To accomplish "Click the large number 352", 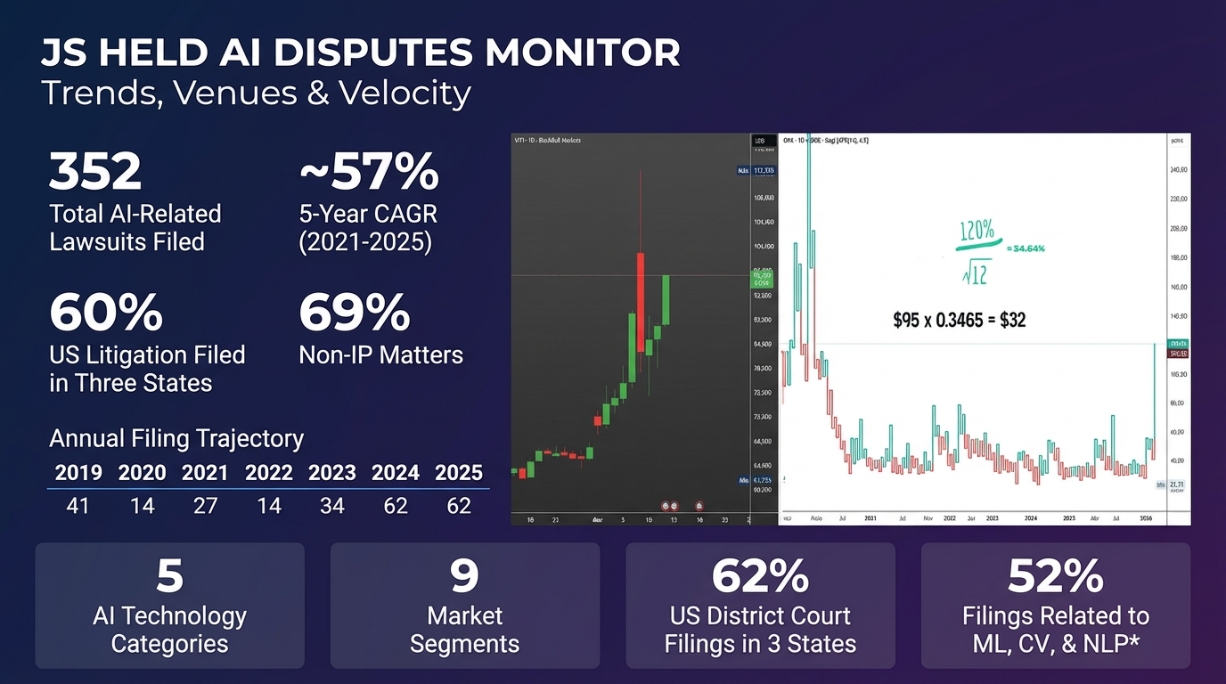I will pos(95,171).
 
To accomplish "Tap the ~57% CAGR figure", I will pos(369,171).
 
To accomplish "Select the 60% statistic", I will pos(106,312).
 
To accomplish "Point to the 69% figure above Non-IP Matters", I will pos(354,312).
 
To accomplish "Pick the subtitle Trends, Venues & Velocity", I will pos(256,93).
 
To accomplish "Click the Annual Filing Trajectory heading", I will pos(176,439).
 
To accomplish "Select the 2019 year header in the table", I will pos(78,472).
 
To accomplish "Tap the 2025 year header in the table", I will pos(458,472).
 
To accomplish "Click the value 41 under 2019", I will pos(78,506).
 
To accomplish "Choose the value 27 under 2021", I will pos(205,506).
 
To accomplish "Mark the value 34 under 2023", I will pos(331,506).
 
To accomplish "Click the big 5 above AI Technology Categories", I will pos(169,576).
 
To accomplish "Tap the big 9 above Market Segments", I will pos(464,576).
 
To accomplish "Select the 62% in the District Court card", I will pos(760,576).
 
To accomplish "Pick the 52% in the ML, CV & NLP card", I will pos(1056,576).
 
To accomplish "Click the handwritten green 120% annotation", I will pos(977,230).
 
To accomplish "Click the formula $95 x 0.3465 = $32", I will pos(959,319).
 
